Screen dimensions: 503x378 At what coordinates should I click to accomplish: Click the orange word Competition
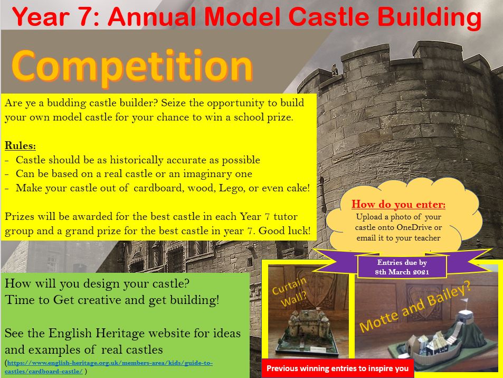click(x=132, y=67)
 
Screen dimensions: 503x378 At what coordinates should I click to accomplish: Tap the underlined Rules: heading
click(x=20, y=145)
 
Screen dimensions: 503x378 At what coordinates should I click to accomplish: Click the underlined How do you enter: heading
click(x=398, y=204)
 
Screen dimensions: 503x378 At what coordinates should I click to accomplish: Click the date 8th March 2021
click(x=402, y=272)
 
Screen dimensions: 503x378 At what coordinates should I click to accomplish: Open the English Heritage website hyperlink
click(x=109, y=367)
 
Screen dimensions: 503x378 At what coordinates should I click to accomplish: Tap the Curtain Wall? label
click(x=290, y=292)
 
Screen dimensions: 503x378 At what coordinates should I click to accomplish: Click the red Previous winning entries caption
click(x=337, y=368)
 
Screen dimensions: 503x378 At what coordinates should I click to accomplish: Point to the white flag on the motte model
click(x=464, y=301)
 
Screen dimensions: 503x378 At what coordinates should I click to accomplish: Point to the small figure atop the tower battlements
click(x=335, y=70)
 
